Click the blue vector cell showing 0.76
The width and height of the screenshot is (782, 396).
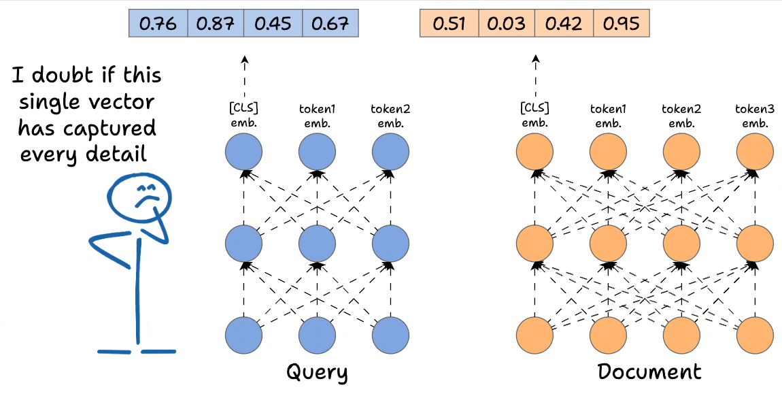(158, 24)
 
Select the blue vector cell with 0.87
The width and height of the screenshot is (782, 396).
(215, 24)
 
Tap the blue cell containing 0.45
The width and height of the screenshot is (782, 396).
(272, 24)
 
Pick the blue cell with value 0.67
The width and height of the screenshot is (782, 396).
(329, 24)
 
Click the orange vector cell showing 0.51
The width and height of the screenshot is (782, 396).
(449, 24)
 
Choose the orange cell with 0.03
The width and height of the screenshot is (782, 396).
(506, 24)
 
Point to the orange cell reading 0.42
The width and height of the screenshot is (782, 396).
(563, 24)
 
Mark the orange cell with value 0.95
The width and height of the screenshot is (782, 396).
(620, 24)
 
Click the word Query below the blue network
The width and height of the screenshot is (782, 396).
(317, 373)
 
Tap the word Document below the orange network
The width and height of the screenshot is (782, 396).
(649, 372)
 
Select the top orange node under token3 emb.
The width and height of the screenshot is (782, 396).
(755, 153)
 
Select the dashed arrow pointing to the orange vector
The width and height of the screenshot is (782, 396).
(534, 78)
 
